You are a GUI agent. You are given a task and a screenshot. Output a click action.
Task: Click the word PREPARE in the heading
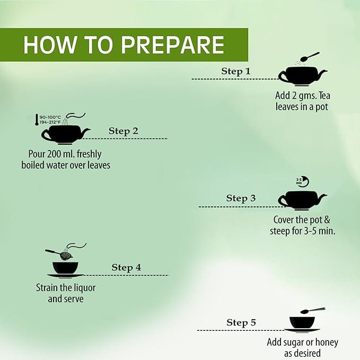click(x=173, y=45)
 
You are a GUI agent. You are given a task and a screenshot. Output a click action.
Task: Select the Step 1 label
click(x=236, y=71)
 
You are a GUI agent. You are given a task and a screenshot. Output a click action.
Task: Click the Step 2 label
click(x=124, y=131)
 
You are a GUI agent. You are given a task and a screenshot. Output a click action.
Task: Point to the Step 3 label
click(x=241, y=198)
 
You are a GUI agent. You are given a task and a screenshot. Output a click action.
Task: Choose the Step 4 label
click(x=126, y=267)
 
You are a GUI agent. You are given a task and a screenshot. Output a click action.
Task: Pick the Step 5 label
click(x=241, y=322)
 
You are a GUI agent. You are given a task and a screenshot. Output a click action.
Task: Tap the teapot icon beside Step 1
click(x=302, y=76)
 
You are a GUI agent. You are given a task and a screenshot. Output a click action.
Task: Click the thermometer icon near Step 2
click(x=37, y=120)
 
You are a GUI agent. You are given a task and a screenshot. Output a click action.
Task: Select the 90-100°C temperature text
click(x=50, y=117)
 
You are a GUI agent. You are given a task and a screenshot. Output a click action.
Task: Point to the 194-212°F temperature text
click(x=50, y=122)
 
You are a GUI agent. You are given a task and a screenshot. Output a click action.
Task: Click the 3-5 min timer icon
click(x=302, y=181)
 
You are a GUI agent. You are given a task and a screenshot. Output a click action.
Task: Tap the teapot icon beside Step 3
click(x=302, y=200)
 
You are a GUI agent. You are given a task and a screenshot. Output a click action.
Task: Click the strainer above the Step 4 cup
click(x=59, y=254)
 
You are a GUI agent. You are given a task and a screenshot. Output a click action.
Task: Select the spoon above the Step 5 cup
click(x=313, y=310)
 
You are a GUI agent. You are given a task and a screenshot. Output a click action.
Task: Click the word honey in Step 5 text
click(x=327, y=343)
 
